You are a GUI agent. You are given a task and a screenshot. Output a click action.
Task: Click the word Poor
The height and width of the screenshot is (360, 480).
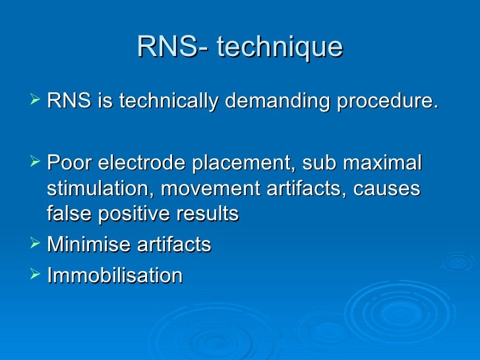tap(69, 162)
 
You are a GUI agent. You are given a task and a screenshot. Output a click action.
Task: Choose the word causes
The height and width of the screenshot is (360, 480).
tap(387, 189)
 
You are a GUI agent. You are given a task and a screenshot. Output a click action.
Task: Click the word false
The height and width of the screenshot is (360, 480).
tap(70, 214)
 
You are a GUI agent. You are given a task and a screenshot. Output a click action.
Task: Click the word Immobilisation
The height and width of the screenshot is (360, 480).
tap(115, 276)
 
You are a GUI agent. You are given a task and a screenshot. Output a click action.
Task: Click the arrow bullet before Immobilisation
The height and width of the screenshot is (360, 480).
tap(36, 275)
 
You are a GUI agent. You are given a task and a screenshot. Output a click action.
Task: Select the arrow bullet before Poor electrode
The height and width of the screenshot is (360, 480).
tap(36, 162)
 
